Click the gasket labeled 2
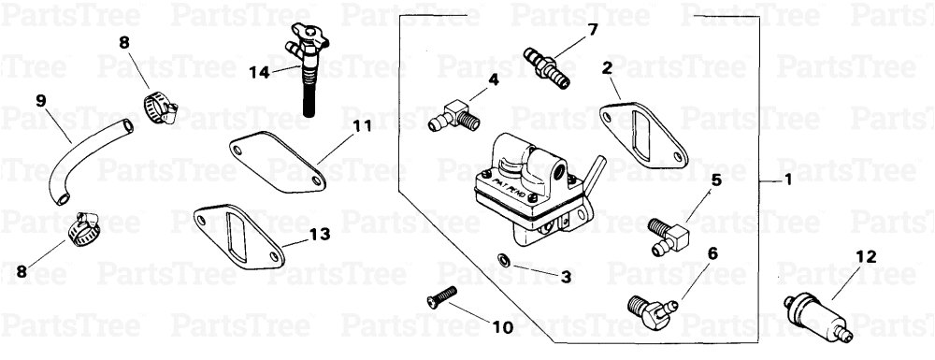click(640, 136)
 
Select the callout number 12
click(865, 255)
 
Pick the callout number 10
click(502, 328)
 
